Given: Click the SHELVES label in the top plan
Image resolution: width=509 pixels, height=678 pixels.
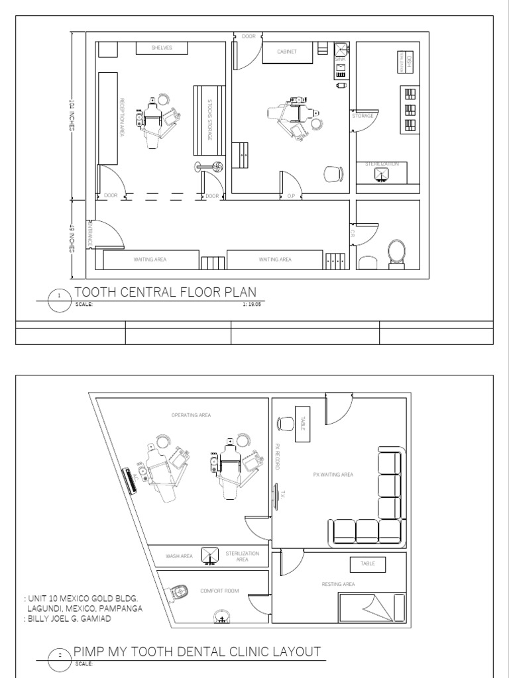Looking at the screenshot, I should coord(162,48).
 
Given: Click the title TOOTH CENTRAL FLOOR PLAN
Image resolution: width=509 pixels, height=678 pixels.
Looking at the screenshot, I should coord(165,293).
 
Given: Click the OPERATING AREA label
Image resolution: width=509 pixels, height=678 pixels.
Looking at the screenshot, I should coord(191,415).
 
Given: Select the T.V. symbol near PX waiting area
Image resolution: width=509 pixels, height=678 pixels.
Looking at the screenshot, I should coord(277,493).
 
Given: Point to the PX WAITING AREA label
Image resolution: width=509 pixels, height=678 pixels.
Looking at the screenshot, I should coord(333,475).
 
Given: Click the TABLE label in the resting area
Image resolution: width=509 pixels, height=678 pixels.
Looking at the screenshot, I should coord(368,563).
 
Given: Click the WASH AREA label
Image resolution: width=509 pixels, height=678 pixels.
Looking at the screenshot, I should coord(179,556).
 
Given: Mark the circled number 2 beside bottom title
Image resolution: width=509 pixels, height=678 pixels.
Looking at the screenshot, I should coord(60,655).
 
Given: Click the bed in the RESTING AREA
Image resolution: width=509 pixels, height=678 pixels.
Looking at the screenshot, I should coord(371,606).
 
